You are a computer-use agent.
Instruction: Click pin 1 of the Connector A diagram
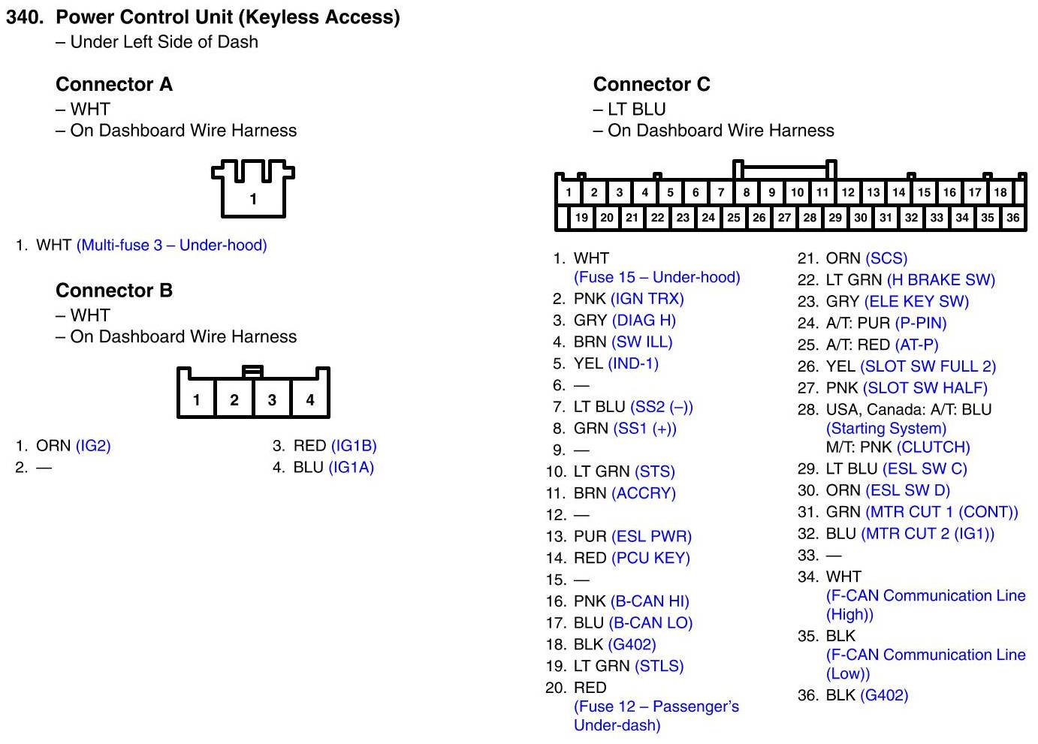[253, 199]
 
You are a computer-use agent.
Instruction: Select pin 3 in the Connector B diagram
[272, 399]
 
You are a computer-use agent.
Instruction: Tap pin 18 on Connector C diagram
[1000, 192]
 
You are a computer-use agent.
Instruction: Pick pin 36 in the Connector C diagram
[1012, 218]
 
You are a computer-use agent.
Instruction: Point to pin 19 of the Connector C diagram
[581, 218]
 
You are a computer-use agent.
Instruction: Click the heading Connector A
[114, 84]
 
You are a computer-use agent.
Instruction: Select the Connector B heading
[114, 291]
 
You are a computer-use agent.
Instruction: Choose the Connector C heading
[651, 84]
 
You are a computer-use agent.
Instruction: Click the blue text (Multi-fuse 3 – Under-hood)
[171, 245]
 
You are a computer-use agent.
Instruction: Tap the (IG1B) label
[354, 446]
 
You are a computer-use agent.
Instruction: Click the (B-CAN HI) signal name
[650, 601]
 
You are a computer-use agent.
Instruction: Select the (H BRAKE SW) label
[940, 280]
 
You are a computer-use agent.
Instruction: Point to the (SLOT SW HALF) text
[925, 388]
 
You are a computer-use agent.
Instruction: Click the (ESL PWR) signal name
[651, 537]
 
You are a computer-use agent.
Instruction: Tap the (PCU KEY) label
[650, 559]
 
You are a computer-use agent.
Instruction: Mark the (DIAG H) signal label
[644, 321]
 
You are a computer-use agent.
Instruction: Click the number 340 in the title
[24, 17]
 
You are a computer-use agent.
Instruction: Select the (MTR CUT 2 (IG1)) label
[928, 534]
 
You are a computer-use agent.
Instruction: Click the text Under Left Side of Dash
[164, 42]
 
